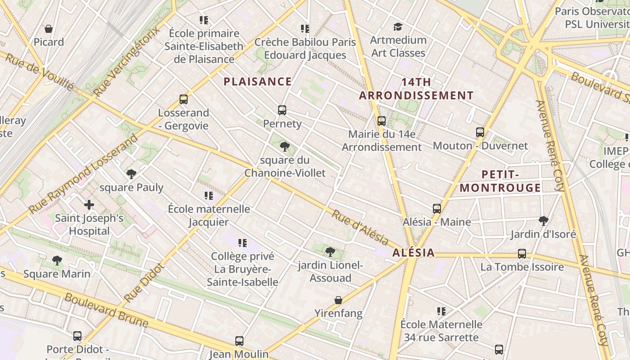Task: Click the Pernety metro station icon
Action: click(282, 110)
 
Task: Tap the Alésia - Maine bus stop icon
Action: click(437, 208)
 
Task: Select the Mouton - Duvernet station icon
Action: click(480, 132)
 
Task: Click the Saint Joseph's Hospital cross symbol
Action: click(89, 205)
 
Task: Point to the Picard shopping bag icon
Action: click(49, 29)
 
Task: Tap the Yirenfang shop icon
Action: click(338, 300)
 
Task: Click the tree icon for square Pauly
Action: click(131, 174)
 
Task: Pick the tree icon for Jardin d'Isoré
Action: click(543, 220)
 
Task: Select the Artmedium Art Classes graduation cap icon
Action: click(398, 27)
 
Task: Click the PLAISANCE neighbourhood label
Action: click(258, 81)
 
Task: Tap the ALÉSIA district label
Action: click(414, 252)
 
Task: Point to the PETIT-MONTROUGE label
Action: click(500, 181)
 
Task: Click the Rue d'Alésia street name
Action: click(360, 227)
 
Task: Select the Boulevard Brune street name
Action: click(106, 310)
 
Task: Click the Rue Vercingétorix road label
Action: click(127, 62)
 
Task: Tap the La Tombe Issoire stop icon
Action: click(522, 254)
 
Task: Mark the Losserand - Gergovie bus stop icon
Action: click(184, 99)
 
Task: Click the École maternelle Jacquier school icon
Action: click(209, 196)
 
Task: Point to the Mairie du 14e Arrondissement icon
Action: click(382, 121)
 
